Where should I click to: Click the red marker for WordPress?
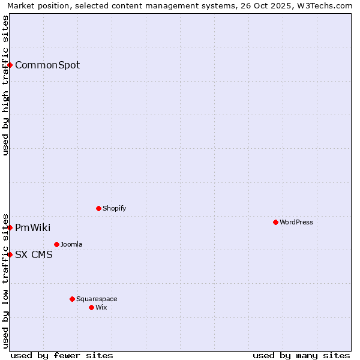(275, 222)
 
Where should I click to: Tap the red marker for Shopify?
(98, 208)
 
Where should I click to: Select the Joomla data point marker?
(56, 244)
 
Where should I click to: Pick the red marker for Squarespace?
(72, 299)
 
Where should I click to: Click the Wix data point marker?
(91, 307)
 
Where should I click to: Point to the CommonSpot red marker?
(10, 65)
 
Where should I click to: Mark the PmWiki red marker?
(10, 227)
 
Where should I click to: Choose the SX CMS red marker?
(10, 254)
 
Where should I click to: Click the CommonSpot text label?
(47, 65)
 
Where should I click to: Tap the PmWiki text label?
(32, 228)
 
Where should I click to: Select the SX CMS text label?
(34, 255)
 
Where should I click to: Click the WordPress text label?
(296, 223)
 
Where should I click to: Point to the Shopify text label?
(114, 209)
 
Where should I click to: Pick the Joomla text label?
(71, 245)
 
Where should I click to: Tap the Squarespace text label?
(97, 299)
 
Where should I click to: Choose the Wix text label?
(101, 308)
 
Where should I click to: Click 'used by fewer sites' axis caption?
(62, 355)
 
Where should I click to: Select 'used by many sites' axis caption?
(301, 355)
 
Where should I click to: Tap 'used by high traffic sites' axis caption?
(6, 85)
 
